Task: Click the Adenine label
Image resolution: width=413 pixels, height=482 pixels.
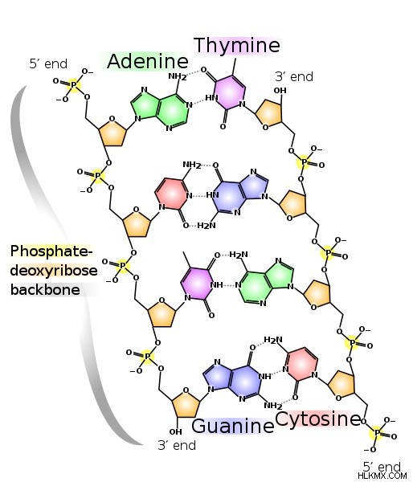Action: pos(148,61)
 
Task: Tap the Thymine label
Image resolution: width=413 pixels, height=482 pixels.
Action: pos(237,46)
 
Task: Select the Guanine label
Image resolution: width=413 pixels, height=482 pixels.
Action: pos(232,427)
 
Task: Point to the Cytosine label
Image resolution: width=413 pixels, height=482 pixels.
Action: pos(317,419)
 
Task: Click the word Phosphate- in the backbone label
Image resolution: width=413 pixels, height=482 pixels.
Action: pos(51,251)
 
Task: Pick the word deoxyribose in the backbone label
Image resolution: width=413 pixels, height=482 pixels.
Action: pos(54,271)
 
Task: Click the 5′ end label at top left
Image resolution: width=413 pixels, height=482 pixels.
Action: pos(48,64)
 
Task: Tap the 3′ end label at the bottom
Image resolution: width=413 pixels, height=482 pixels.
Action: pos(177,445)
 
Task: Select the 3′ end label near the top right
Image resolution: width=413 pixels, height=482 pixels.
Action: pos(294,76)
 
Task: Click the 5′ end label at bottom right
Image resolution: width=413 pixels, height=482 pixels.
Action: pos(382,467)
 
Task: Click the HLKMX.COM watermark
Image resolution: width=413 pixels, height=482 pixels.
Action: pos(382,476)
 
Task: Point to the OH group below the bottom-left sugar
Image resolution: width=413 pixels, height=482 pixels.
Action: pos(175,431)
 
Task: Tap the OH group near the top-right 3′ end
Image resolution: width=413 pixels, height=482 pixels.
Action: pos(280,90)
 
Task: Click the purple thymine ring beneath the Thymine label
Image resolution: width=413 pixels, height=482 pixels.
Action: pos(230,92)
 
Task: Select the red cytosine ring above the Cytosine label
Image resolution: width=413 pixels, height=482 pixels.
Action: pos(301,364)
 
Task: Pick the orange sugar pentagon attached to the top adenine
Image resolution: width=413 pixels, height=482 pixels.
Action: pos(112,133)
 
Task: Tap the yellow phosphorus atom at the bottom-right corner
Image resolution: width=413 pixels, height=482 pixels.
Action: pos(377,434)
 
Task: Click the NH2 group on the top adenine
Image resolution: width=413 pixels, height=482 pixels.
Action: pos(177,76)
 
